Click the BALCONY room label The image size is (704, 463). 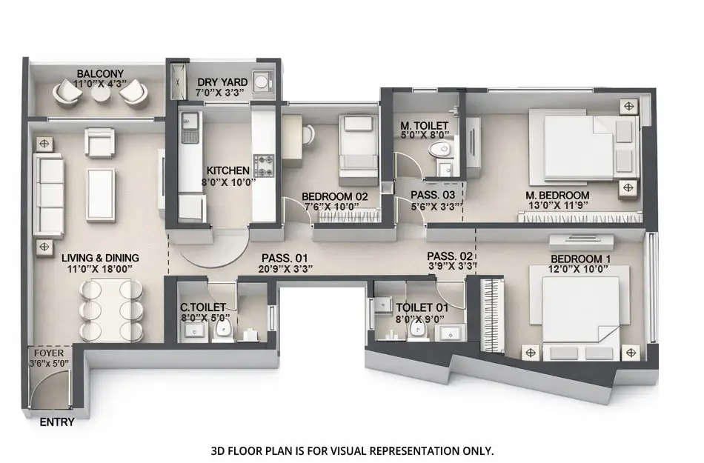coord(100,74)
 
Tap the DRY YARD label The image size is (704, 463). coord(222,82)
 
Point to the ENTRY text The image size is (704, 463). coord(56,423)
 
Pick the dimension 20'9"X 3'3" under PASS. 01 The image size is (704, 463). coord(287,269)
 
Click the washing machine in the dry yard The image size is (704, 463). coord(262,83)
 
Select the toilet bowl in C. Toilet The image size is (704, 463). coord(224,331)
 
